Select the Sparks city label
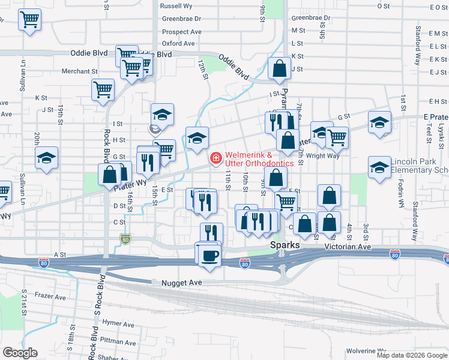coord(285,246)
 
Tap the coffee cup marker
coord(210,255)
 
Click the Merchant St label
coord(79,71)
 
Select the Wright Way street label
coord(322,156)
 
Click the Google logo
coord(20,352)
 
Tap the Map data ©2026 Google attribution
coord(412,355)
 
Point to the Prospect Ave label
coord(181,32)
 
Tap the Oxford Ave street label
coord(178,44)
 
